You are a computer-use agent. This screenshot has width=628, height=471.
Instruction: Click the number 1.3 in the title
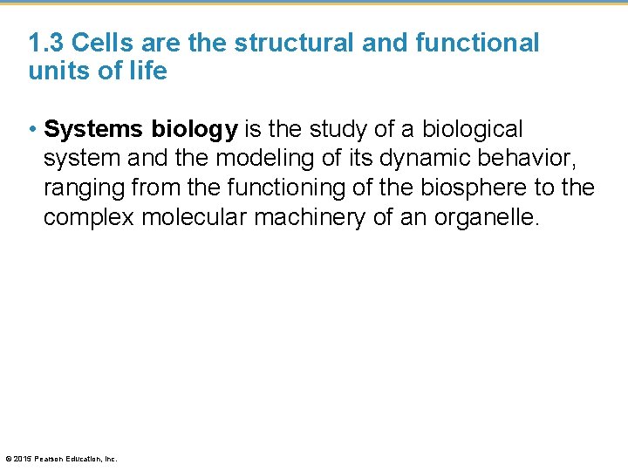(44, 43)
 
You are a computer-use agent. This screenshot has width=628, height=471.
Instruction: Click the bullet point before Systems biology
(32, 130)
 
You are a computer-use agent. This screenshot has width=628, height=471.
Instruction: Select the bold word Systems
(94, 130)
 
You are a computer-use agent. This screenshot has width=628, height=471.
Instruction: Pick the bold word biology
(195, 130)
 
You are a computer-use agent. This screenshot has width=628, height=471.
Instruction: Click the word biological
(472, 129)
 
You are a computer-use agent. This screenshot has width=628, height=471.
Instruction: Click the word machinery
(310, 216)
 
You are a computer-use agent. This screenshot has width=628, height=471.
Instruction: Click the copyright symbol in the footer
(9, 458)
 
